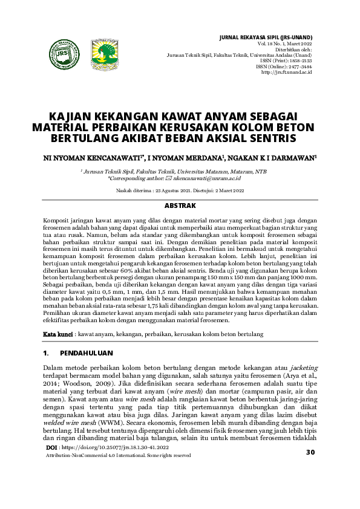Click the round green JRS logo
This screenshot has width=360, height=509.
(64, 54)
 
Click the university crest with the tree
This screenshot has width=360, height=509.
(103, 54)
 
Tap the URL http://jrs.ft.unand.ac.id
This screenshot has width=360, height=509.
(286, 72)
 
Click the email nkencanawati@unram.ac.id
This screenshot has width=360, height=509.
(208, 178)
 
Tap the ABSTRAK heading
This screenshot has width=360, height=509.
(180, 206)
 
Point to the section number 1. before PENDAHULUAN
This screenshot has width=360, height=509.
(46, 352)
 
